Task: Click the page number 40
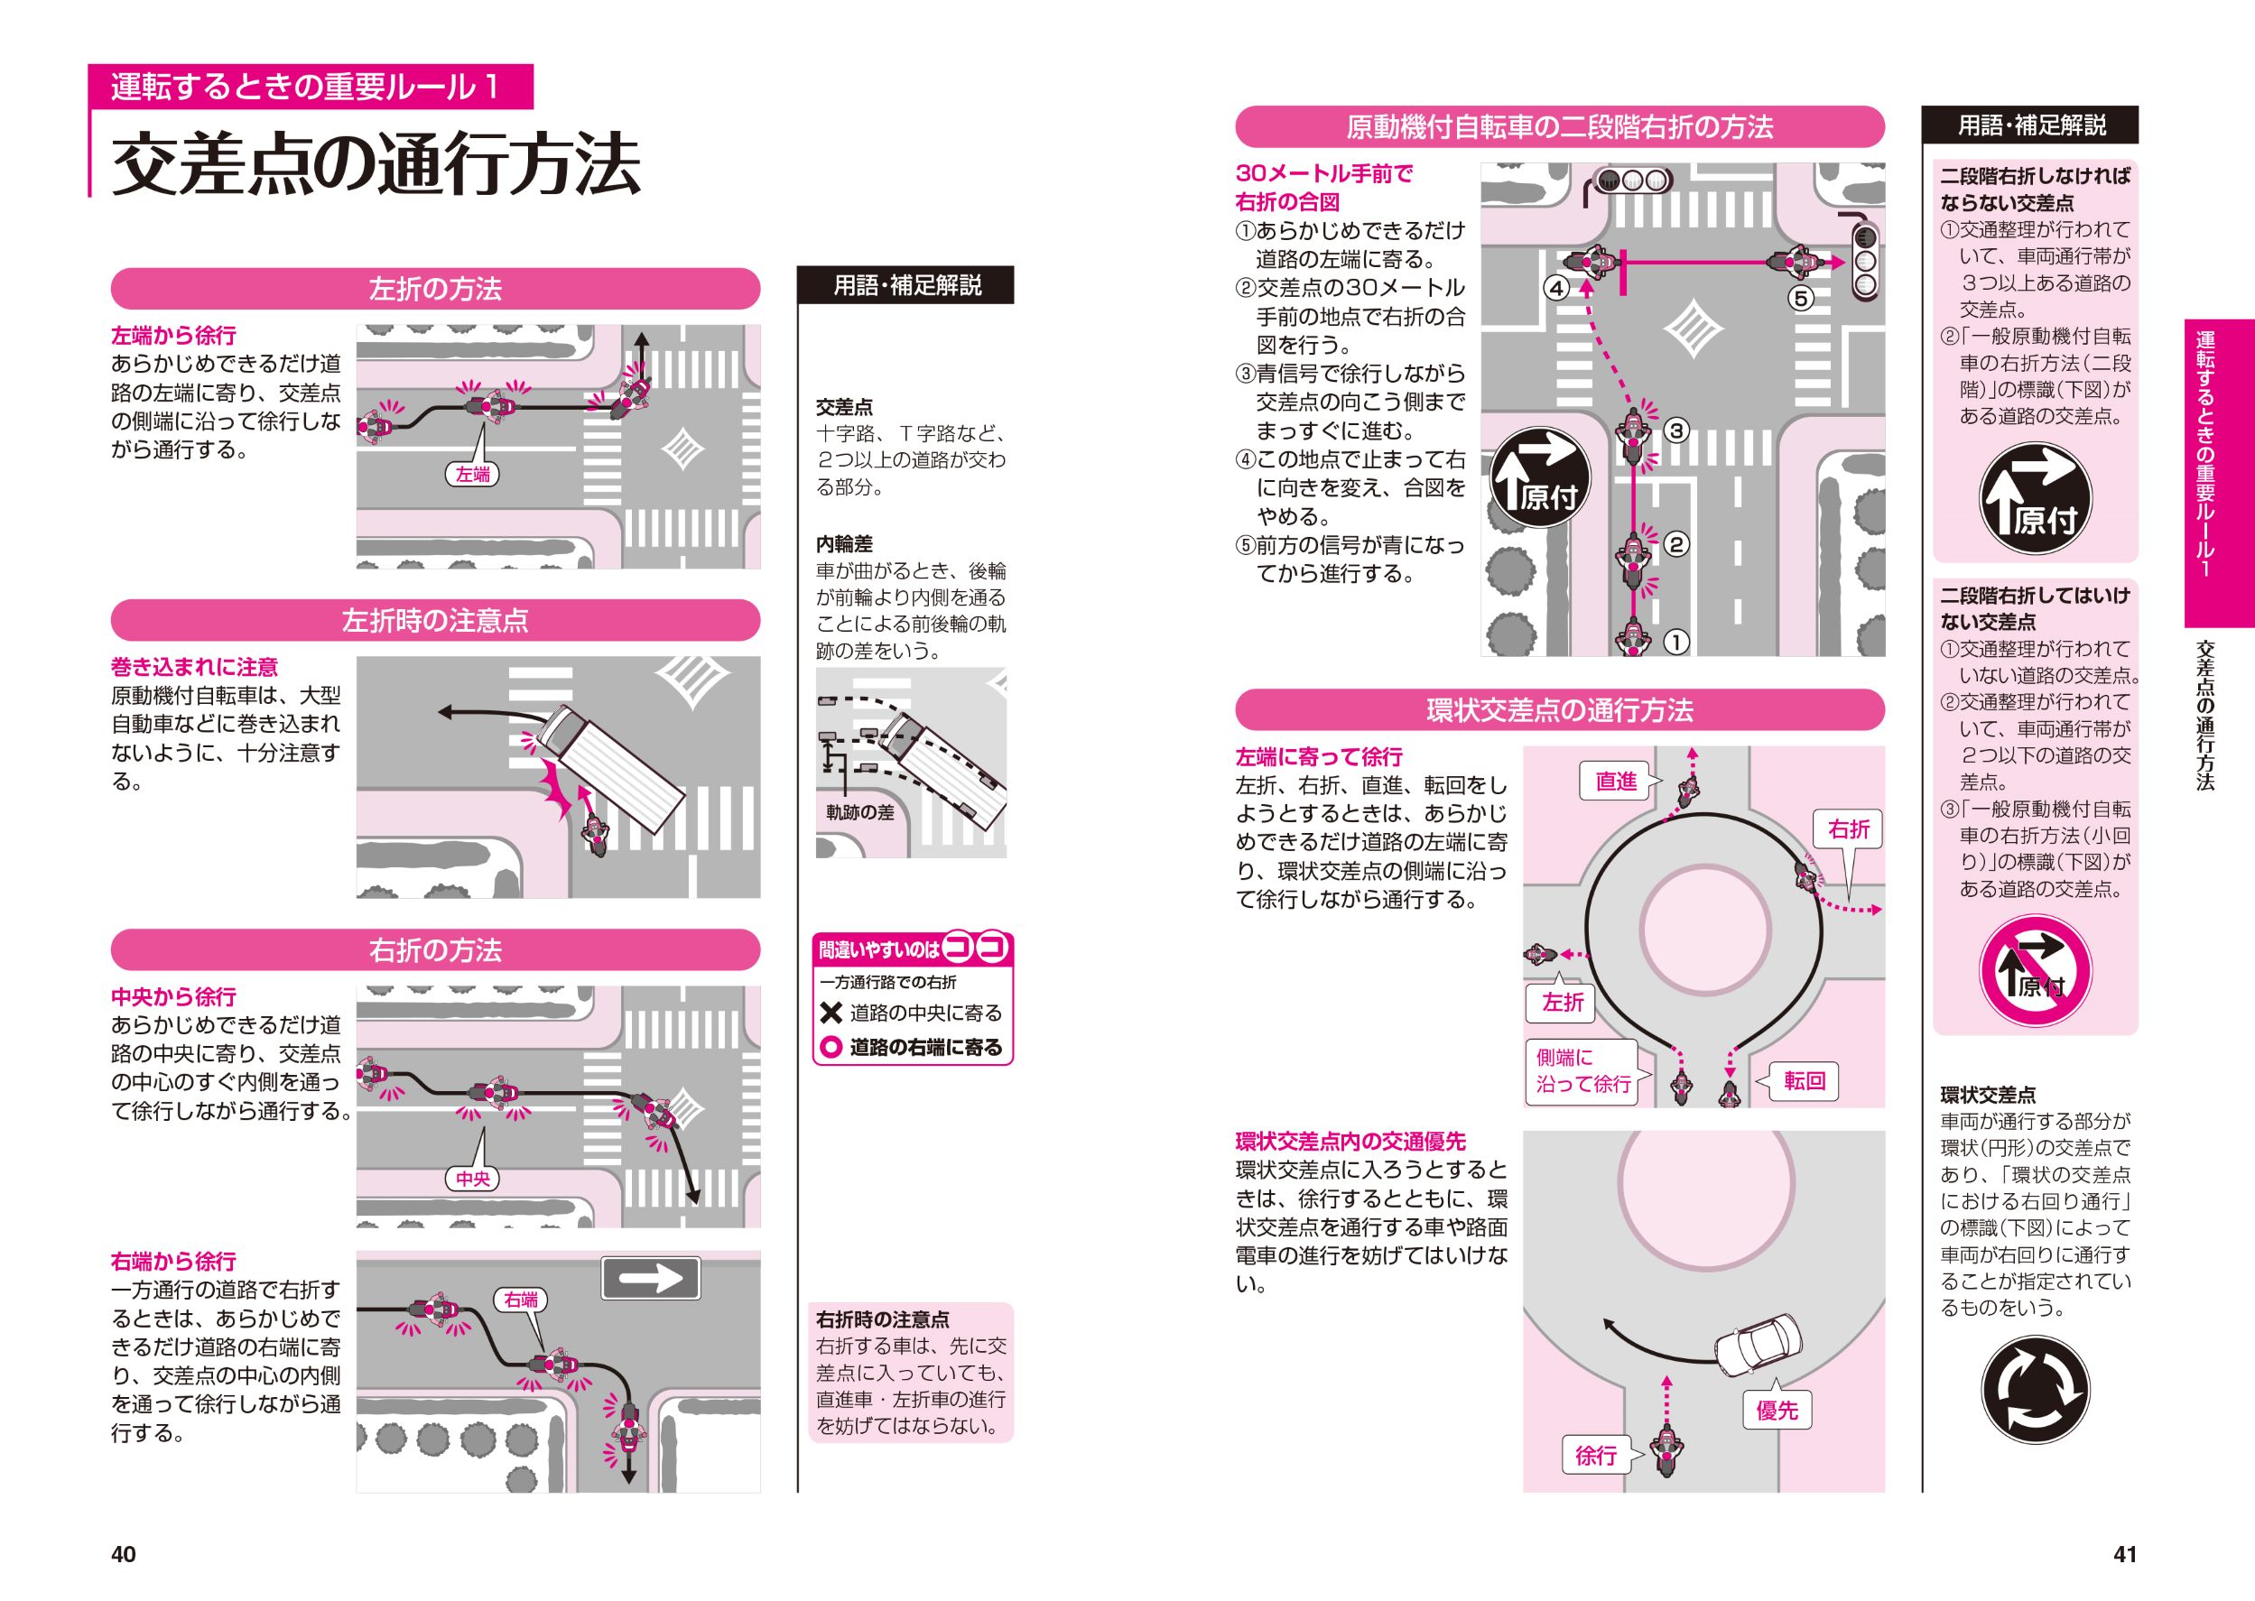point(124,1555)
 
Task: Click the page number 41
point(2125,1555)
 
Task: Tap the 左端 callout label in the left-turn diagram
point(472,474)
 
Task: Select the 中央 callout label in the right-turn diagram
point(472,1178)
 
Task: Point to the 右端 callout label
point(521,1300)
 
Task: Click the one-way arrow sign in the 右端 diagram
point(650,1279)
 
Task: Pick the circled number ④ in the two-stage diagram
point(1556,288)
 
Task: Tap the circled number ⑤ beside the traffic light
point(1800,297)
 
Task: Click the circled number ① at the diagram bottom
point(1676,642)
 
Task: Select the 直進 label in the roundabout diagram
point(1616,782)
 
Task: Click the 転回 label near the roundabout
point(1805,1080)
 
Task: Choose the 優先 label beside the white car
point(1777,1411)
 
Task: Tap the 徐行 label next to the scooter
point(1596,1455)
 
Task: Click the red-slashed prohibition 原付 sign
point(2034,970)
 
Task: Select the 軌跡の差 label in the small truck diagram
point(859,812)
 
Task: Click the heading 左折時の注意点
point(435,620)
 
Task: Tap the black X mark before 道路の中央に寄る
point(831,1013)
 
